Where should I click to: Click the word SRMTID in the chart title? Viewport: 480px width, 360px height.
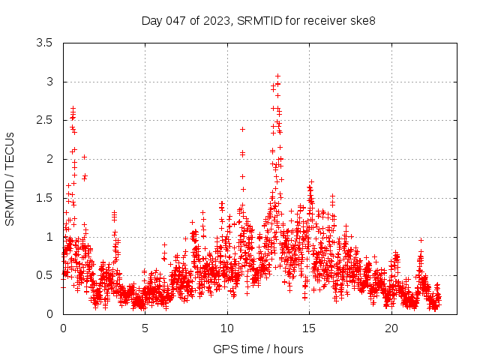click(x=259, y=20)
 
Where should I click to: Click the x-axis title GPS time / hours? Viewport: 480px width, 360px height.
click(x=258, y=349)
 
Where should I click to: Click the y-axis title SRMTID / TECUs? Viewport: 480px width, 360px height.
click(x=10, y=178)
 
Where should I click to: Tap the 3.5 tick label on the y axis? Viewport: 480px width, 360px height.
click(x=44, y=43)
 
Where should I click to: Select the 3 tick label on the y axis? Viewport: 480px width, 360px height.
click(x=49, y=82)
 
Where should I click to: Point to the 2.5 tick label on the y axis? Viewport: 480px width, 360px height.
click(x=44, y=120)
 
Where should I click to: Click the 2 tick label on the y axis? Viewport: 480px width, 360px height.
click(x=49, y=159)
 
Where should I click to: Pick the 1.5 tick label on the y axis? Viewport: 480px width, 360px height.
click(x=44, y=198)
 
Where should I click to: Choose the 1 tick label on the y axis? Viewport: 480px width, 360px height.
click(x=49, y=236)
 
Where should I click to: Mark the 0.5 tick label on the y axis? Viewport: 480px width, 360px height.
click(x=44, y=275)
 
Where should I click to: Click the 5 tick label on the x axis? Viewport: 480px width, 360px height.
click(x=145, y=328)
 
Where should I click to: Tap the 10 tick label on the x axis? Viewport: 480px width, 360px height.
click(x=227, y=328)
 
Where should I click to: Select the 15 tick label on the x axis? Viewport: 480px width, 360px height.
click(x=309, y=328)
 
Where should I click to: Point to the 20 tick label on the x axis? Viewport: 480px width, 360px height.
click(x=391, y=328)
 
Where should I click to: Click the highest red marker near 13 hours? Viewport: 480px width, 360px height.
click(x=277, y=76)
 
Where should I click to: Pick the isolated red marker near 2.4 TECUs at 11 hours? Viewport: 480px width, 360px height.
click(x=242, y=129)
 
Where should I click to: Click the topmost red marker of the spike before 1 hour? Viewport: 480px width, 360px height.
click(x=73, y=108)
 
